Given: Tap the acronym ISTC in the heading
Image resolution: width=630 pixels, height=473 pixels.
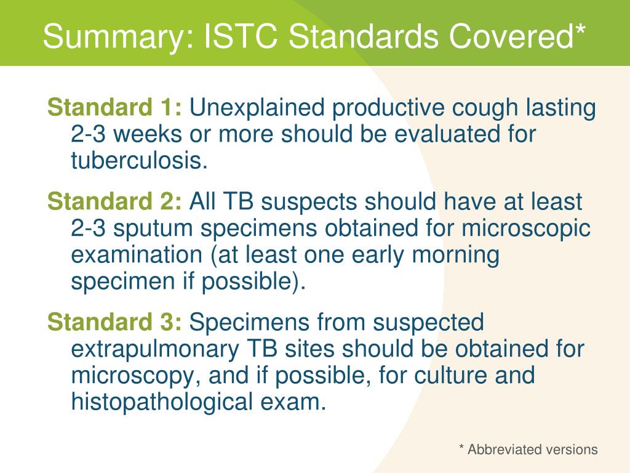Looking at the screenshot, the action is coord(241,36).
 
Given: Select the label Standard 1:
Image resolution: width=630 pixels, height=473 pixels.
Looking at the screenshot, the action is coord(114,107).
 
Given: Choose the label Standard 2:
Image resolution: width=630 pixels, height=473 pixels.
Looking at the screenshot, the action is coord(114,201).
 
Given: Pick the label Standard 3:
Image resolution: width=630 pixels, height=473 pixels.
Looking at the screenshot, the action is coord(114,322).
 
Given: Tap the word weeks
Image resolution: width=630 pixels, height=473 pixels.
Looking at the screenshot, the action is coord(148,134).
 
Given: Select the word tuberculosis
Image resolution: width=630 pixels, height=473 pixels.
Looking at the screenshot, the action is coord(139,161).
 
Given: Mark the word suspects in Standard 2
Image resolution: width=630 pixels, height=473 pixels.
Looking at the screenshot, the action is coord(309,203).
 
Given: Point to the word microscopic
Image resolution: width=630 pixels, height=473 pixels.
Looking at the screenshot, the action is coord(525,229).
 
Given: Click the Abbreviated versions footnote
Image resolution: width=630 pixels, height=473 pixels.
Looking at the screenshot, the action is coord(528,449).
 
